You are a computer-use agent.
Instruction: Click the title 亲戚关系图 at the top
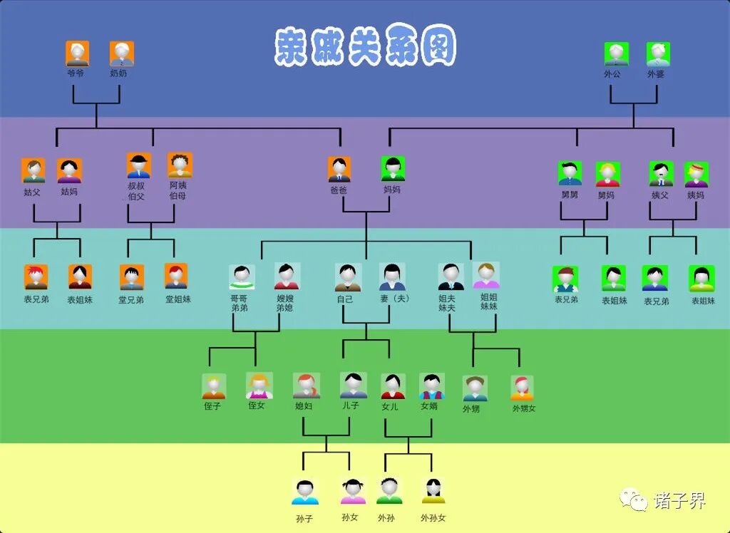click(x=365, y=47)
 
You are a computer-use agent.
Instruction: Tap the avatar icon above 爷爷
click(x=78, y=53)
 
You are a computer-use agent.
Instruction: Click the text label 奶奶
click(x=119, y=73)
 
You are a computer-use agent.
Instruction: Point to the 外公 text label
click(x=612, y=73)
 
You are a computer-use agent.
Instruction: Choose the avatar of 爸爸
click(x=339, y=170)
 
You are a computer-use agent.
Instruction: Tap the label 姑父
click(x=33, y=192)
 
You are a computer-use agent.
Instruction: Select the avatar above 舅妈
click(x=607, y=173)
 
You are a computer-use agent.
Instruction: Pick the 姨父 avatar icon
click(x=661, y=173)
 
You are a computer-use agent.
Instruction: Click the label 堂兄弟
click(x=131, y=300)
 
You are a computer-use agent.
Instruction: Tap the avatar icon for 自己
click(x=347, y=276)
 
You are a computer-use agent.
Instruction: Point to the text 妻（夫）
click(x=394, y=299)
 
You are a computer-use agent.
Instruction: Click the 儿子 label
click(x=351, y=405)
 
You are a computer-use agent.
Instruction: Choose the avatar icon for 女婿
click(x=431, y=386)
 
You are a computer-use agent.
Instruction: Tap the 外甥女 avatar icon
click(x=522, y=388)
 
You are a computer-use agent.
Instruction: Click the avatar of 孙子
click(x=305, y=492)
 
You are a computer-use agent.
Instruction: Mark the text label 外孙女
click(x=433, y=518)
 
